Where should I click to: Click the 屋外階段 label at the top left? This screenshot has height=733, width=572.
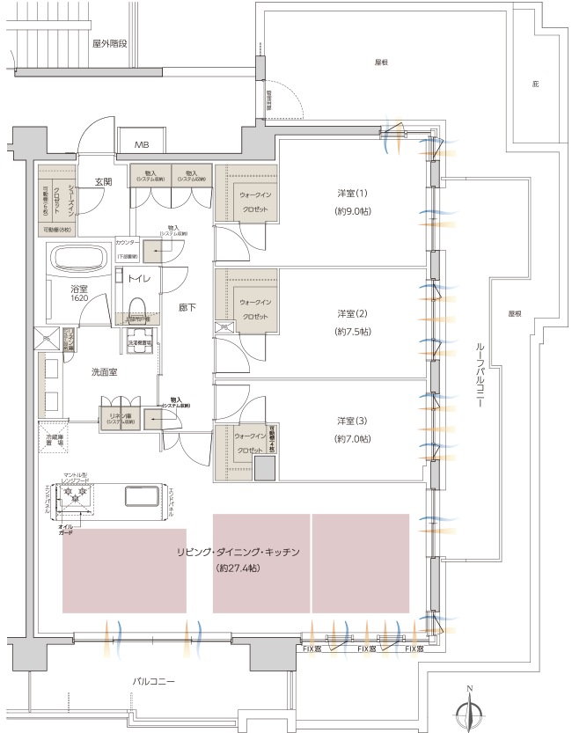click(109, 41)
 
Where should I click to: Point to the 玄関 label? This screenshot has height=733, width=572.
click(104, 182)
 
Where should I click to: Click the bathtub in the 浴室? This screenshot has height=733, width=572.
click(80, 260)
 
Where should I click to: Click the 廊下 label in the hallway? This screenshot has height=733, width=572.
click(187, 308)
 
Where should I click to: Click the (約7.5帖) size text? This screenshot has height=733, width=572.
click(352, 332)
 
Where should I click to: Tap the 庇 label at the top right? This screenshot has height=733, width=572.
click(534, 84)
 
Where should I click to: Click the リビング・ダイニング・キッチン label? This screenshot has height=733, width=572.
click(238, 552)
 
